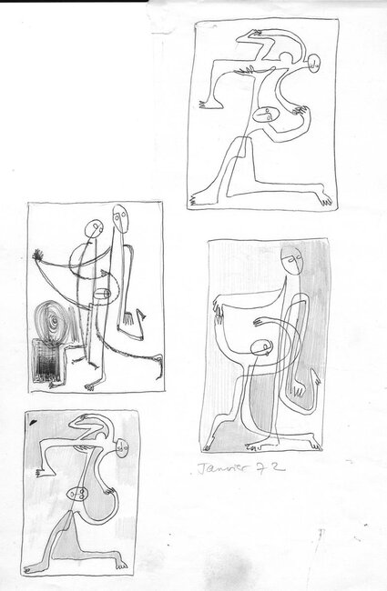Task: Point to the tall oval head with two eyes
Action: (x=119, y=219)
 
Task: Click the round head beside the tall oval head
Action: (x=93, y=228)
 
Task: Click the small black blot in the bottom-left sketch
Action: (x=34, y=424)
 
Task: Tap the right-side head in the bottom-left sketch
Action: (x=124, y=447)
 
